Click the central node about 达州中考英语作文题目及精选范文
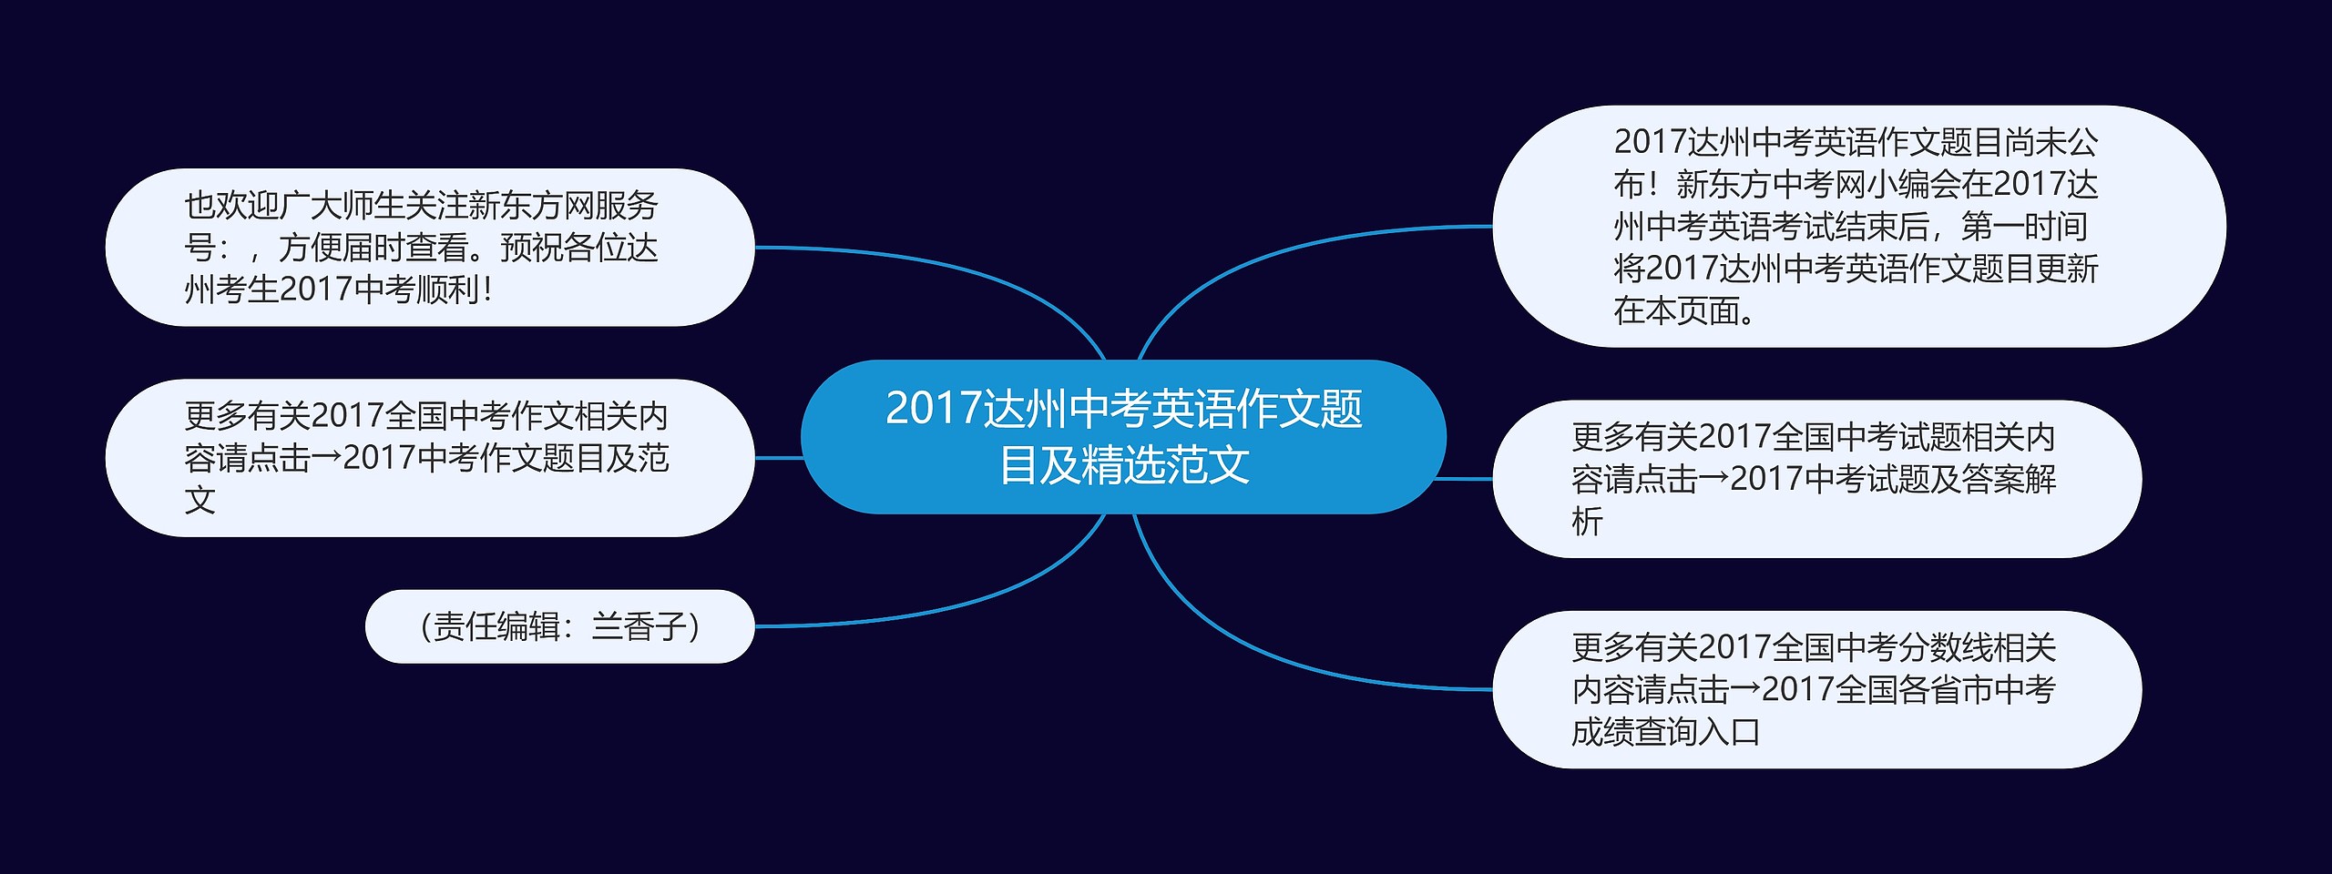click(x=1123, y=437)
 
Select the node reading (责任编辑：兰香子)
click(x=559, y=626)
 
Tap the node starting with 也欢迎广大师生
click(x=430, y=248)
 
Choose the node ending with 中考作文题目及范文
click(x=430, y=458)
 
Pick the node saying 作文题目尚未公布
click(x=1859, y=227)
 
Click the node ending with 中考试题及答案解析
click(x=1817, y=479)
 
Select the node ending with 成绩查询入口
click(x=1817, y=689)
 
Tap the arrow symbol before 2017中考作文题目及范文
click(x=327, y=457)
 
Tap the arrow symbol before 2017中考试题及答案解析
click(x=1713, y=478)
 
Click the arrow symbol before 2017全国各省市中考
click(x=1745, y=689)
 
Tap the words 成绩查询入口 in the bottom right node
click(x=1666, y=732)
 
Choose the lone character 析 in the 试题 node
click(x=1587, y=522)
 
